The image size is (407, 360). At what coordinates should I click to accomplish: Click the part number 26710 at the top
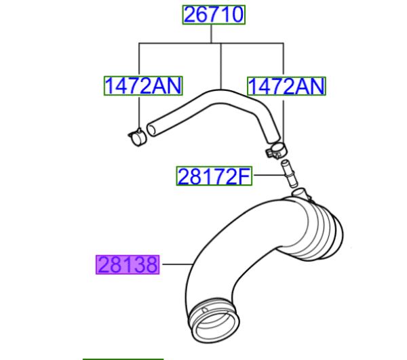(213, 15)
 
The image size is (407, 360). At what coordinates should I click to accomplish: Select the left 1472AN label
(142, 85)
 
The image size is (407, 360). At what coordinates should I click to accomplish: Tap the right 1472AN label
(286, 85)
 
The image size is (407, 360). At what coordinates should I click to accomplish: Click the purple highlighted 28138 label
(128, 264)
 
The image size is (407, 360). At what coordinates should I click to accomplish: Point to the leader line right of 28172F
(266, 176)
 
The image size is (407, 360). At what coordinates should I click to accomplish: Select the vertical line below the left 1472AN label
(139, 112)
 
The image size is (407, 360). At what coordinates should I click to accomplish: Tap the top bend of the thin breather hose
(220, 93)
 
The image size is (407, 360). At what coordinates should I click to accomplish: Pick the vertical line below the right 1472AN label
(282, 119)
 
